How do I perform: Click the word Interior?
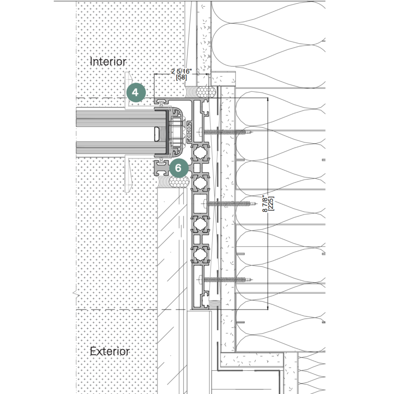[108, 61]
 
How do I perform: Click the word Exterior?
[110, 351]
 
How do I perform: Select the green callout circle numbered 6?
[179, 168]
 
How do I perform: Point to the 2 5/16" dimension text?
[181, 71]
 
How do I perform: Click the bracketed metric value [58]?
[181, 77]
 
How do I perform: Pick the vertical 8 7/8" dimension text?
[265, 205]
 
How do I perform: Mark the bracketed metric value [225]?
[271, 203]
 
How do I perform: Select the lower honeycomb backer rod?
[180, 182]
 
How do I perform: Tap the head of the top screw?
[201, 132]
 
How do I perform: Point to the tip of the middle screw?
[256, 203]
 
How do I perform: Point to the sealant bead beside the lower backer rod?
[164, 182]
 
